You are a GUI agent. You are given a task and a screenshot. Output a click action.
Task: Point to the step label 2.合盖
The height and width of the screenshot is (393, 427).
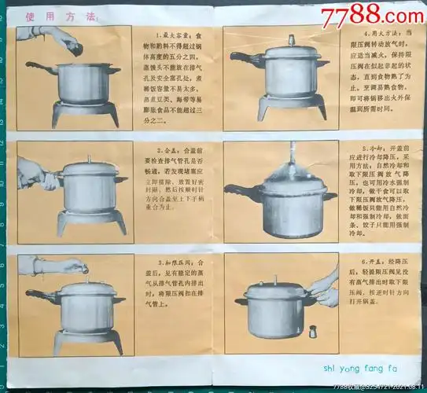tap(169, 149)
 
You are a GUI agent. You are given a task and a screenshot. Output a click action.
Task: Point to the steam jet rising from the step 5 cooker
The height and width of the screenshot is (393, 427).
tap(288, 157)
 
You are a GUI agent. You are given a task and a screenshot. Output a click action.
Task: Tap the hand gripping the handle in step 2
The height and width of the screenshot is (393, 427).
tap(35, 173)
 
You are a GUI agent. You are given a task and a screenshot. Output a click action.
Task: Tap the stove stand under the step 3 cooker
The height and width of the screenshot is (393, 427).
tap(87, 340)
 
